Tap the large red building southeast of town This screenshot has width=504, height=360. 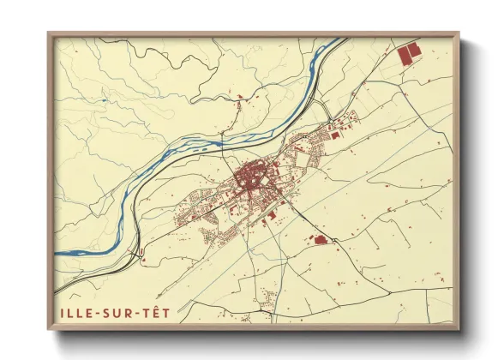pyautogui.click(x=317, y=241)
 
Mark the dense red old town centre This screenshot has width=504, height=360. pyautogui.click(x=249, y=181)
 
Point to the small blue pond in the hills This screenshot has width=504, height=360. pyautogui.click(x=103, y=100)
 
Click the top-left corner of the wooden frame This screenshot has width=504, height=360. pyautogui.click(x=47, y=33)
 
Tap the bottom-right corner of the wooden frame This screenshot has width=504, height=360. pyautogui.click(x=460, y=330)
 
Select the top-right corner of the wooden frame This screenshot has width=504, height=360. pyautogui.click(x=460, y=33)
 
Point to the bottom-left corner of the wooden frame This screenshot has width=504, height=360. pyautogui.click(x=47, y=330)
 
